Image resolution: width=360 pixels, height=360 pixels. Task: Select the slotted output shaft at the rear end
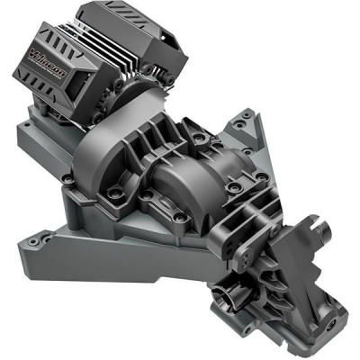point(320,233)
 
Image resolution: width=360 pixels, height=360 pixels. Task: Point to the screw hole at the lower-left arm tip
point(33,241)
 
